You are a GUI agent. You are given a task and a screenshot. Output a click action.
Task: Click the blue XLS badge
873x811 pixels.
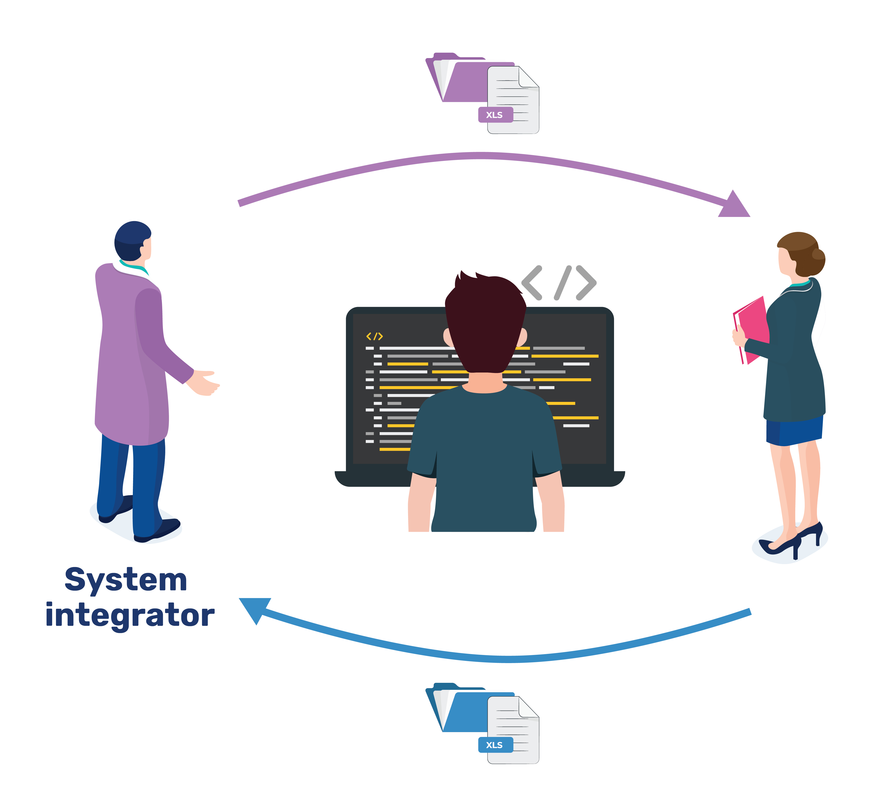point(495,745)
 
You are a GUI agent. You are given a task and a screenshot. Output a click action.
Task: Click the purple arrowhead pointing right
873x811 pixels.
point(734,205)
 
